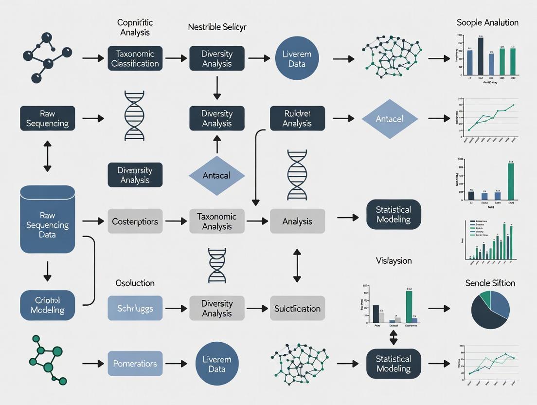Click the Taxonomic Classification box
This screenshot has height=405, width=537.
pyautogui.click(x=135, y=58)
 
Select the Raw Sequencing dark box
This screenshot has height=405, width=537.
pyautogui.click(x=47, y=118)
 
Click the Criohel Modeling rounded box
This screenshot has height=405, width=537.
pyautogui.click(x=47, y=305)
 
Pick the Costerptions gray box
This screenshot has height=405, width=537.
pyautogui.click(x=135, y=221)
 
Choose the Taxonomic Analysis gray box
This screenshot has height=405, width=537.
pyautogui.click(x=216, y=221)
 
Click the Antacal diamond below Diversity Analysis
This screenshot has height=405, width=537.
pyautogui.click(x=216, y=176)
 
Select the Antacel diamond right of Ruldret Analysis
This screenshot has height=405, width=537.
pyautogui.click(x=390, y=119)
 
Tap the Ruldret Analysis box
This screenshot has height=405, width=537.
pyautogui.click(x=297, y=119)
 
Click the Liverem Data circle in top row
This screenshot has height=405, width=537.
pyautogui.click(x=297, y=58)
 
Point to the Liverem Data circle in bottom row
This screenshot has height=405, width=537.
pyautogui.click(x=216, y=364)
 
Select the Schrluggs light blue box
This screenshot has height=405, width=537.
pyautogui.click(x=135, y=308)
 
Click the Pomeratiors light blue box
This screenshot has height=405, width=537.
pyautogui.click(x=135, y=364)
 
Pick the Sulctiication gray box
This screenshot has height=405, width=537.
pyautogui.click(x=297, y=308)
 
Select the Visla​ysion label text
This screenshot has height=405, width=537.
pyautogui.click(x=394, y=260)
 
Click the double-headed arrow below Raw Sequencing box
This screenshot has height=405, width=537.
pyautogui.click(x=47, y=157)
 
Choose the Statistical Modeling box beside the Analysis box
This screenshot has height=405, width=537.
pyautogui.click(x=394, y=215)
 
